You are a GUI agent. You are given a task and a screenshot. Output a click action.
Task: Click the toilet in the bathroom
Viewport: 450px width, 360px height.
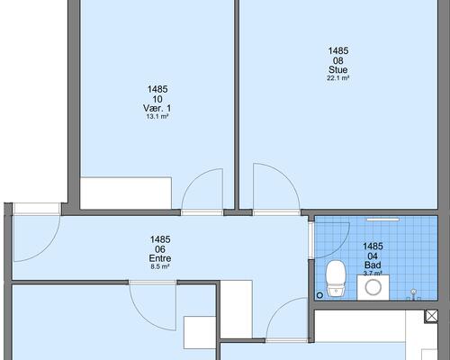(x=336, y=278)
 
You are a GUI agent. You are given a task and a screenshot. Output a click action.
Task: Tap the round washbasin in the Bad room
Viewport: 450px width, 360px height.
(x=373, y=287)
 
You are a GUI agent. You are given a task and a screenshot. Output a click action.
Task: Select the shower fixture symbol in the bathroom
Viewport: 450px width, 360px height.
(x=414, y=294)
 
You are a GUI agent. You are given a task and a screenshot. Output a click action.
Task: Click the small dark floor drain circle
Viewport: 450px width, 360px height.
(x=319, y=295)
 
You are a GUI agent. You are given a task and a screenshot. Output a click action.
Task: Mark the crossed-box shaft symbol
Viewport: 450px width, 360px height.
(x=431, y=316)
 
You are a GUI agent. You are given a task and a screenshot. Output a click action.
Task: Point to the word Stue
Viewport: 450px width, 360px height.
(x=338, y=70)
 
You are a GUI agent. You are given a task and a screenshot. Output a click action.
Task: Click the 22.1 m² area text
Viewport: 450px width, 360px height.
(x=338, y=78)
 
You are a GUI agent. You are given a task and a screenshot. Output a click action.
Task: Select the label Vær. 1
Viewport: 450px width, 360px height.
(x=157, y=108)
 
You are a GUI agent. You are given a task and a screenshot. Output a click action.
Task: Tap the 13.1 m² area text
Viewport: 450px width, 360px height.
(x=157, y=117)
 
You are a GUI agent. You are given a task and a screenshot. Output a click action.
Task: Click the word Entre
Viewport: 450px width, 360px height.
(x=160, y=258)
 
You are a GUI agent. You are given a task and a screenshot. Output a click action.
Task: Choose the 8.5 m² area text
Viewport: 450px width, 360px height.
(x=160, y=266)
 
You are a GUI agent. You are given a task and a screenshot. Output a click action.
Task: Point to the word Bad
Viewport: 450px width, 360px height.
(x=373, y=265)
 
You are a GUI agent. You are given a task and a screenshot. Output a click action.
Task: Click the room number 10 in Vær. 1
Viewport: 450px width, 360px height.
(x=157, y=99)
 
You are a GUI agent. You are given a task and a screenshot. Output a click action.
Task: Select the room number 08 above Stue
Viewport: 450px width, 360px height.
(x=338, y=60)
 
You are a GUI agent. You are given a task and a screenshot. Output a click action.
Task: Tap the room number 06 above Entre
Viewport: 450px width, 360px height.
(x=160, y=249)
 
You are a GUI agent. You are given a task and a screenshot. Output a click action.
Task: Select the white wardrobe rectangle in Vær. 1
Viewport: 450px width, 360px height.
(x=126, y=193)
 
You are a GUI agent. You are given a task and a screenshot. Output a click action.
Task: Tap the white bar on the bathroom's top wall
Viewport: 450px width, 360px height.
(x=383, y=220)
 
